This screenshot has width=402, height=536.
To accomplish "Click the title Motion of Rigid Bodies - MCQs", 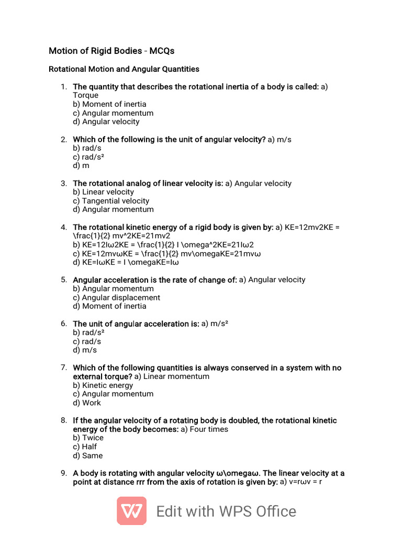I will pos(111,51).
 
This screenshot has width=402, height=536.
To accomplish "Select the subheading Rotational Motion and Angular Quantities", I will pos(124,69).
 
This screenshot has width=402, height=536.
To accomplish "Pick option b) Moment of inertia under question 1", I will pos(109,104).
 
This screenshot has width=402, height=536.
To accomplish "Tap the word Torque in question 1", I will pos(85,95).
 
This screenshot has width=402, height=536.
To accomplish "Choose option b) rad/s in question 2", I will pos(87,148).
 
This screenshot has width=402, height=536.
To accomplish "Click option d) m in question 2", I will pos(81,165).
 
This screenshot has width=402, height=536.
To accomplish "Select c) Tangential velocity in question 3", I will pos(111,201).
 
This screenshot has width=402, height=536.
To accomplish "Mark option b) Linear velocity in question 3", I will pos(104,192).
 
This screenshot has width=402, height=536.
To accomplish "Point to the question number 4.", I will pos(63,227).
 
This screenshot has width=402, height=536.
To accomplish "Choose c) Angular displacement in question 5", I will pos(116,297).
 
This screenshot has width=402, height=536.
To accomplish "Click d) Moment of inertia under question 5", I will pos(109,306).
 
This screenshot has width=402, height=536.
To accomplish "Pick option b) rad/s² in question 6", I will pos(88,332).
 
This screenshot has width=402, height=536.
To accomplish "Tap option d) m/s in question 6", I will pos(85,350).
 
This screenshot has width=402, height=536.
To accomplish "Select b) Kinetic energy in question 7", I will pos(103,385).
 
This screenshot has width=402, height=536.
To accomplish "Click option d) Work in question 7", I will pos(87,403).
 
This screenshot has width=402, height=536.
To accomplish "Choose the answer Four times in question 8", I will pos(210,429).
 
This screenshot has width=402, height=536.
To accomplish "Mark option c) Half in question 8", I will pos(85,447).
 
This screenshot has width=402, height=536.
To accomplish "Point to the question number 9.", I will pos(63,473).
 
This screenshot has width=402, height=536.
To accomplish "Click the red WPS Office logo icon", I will pos(131,511).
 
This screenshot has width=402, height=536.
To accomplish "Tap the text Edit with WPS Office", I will pos(226,511).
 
